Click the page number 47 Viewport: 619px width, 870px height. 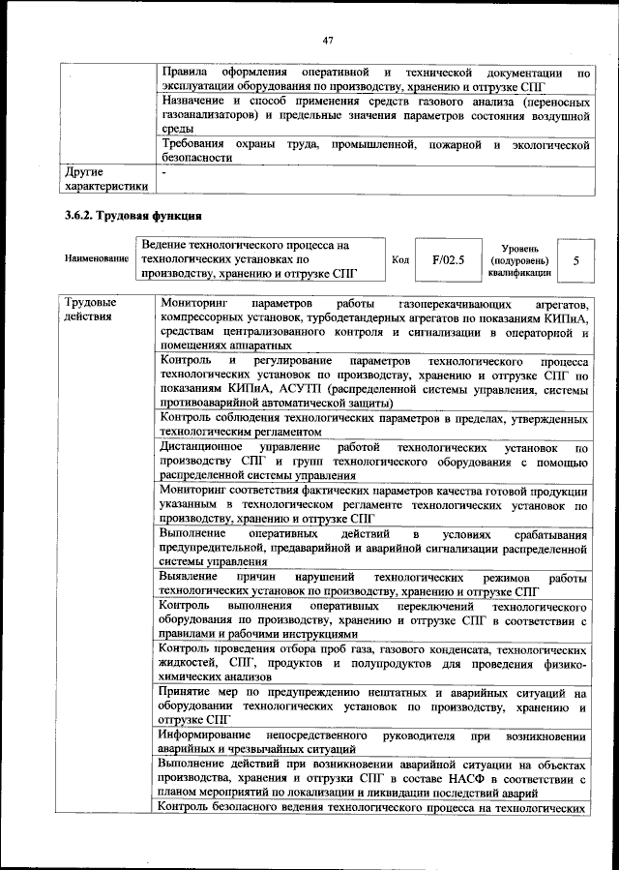(328, 40)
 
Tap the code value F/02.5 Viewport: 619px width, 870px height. (448, 260)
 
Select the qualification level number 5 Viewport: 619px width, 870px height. (576, 260)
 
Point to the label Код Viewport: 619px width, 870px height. (400, 260)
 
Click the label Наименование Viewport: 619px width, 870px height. (97, 260)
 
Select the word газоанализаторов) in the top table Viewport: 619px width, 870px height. (209, 115)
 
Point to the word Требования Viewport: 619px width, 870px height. (197, 144)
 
